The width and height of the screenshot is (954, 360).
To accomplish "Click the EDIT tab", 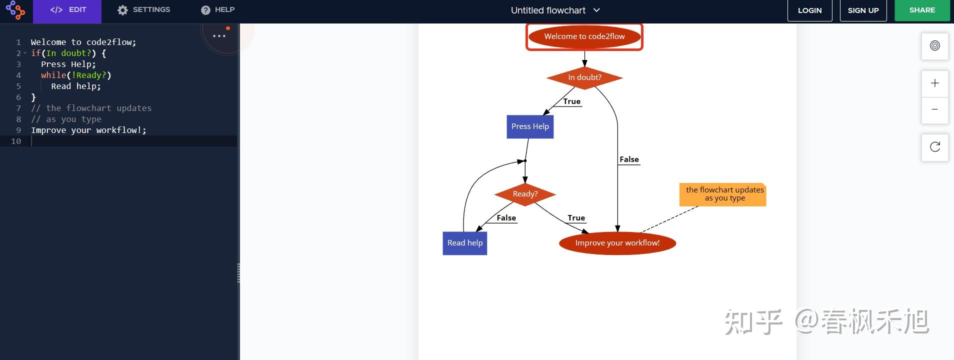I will [x=67, y=10].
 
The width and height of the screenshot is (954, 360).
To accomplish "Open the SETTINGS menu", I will [x=143, y=10].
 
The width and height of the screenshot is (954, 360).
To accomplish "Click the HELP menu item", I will [x=217, y=10].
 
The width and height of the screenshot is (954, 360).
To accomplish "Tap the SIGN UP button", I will [x=863, y=10].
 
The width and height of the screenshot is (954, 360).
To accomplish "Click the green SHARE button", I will [x=922, y=10].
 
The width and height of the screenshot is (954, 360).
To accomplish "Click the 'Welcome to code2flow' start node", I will [x=584, y=36].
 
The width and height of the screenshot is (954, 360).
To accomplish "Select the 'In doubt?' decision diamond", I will [x=584, y=77].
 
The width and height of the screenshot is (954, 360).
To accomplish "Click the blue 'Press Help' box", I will [x=530, y=126].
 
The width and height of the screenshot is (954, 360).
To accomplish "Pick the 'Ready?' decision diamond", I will [x=525, y=194].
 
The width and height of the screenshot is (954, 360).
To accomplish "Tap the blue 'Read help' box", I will [x=464, y=243].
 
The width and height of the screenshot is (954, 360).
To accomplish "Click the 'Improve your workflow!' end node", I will [x=617, y=243].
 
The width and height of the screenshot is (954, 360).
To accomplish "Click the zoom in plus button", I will [x=934, y=83].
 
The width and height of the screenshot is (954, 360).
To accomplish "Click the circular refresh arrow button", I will [x=934, y=147].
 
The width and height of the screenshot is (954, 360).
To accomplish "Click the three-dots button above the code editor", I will [x=219, y=36].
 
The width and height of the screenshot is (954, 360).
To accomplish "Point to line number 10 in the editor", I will [x=16, y=141].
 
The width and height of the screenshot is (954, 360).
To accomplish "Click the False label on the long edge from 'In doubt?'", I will [x=629, y=159].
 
